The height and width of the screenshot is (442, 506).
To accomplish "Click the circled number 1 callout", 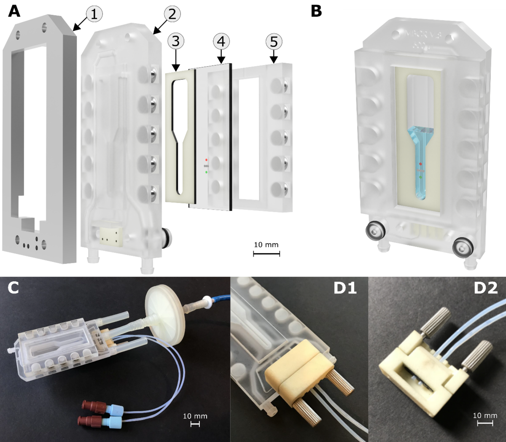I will click(94, 14).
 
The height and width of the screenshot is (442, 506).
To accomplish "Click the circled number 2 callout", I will click(172, 14).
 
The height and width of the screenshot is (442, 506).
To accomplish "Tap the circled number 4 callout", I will click(221, 41).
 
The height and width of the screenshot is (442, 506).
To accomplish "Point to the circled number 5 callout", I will click(274, 42).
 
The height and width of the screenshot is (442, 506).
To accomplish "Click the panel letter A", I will click(14, 11).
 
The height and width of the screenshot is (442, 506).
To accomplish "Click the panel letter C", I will click(13, 288).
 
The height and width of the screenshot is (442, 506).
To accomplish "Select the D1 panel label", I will click(345, 288).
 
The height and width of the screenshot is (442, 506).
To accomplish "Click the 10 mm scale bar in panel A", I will click(266, 253).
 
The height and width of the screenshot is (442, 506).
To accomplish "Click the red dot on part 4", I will click(206, 160).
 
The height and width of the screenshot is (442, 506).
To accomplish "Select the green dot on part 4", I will click(206, 172).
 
